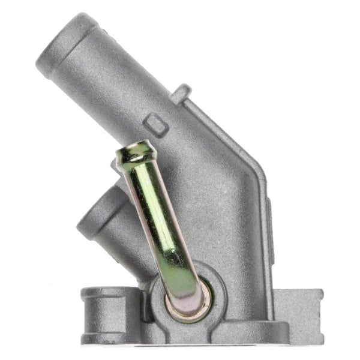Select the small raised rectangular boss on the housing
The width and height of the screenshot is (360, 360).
coord(156,124)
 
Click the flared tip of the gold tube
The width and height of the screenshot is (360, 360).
coord(136,150)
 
